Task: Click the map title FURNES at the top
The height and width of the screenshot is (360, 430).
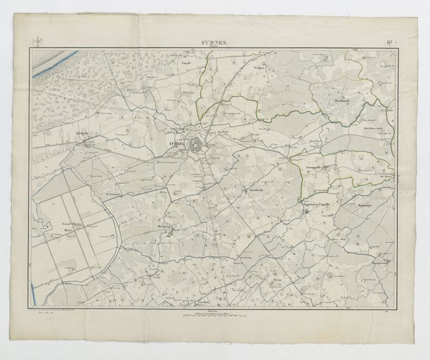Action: coord(213,42)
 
